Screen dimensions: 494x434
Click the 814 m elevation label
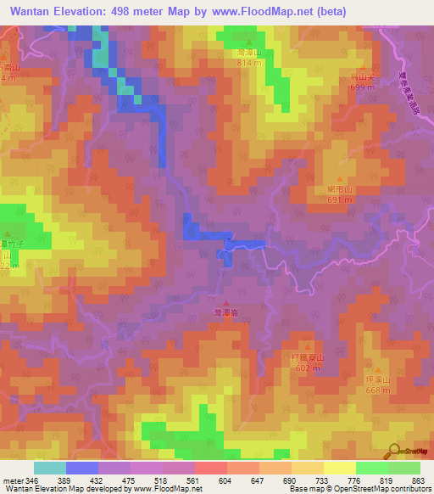click(x=249, y=63)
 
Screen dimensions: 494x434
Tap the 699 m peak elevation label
click(x=362, y=88)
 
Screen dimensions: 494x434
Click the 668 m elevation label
click(x=378, y=390)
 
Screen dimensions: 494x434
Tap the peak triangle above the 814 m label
click(x=248, y=42)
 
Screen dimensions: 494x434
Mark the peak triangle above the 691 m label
click(x=340, y=179)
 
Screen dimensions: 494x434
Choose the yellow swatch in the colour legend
click(x=339, y=468)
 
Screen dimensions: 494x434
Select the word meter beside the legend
click(x=13, y=481)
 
